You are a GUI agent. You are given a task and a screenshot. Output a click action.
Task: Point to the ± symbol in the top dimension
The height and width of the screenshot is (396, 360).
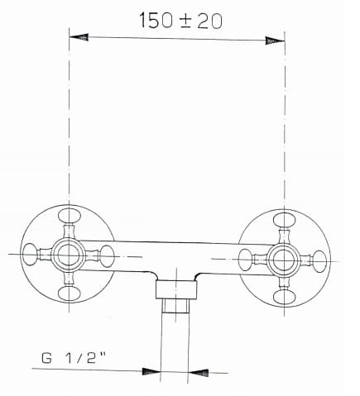coord(183,20)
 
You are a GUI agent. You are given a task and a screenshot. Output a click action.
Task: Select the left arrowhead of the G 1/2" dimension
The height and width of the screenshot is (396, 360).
coord(150,370)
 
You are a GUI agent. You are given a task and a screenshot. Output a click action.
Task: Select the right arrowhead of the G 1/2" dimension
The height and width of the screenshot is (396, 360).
coord(199,370)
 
